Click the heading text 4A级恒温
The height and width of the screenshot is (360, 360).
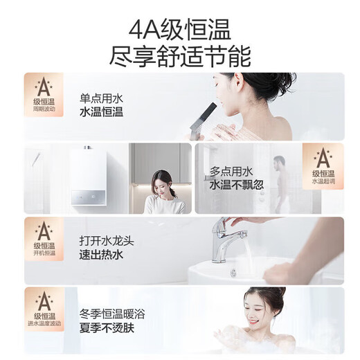tap(180, 28)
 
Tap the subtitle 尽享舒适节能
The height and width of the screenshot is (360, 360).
tap(180, 55)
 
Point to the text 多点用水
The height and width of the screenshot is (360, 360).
tap(228, 170)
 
